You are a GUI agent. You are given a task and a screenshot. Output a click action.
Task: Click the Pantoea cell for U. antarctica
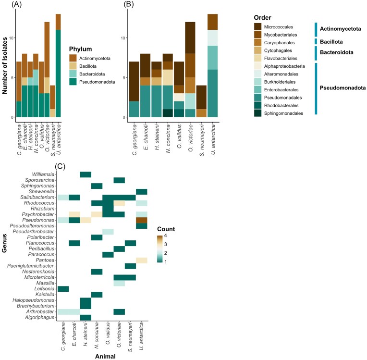(x=142, y=260)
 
